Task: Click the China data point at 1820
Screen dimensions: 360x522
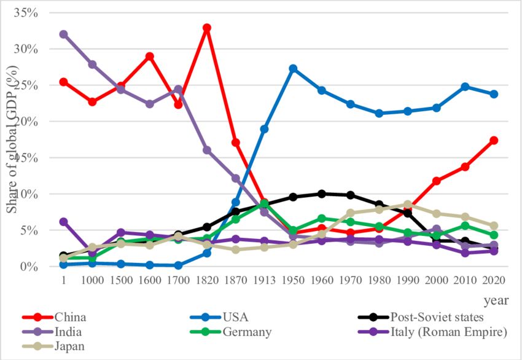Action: [x=207, y=28]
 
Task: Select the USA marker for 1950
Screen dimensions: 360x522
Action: [x=294, y=69]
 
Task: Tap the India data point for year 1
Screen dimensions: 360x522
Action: [x=63, y=34]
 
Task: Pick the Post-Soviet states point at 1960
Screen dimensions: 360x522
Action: [x=322, y=194]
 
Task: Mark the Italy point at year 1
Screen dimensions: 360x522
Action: [x=63, y=222]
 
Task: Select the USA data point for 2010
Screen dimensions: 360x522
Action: [x=466, y=87]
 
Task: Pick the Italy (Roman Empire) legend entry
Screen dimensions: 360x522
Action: [x=448, y=332]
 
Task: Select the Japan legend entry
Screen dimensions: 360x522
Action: [x=69, y=346]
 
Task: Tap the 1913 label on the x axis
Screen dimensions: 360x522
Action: [x=265, y=280]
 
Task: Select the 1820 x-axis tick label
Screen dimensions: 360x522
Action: [x=207, y=280]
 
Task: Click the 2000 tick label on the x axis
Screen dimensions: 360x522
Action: [x=437, y=280]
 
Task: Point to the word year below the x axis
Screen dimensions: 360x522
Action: [x=495, y=300]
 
